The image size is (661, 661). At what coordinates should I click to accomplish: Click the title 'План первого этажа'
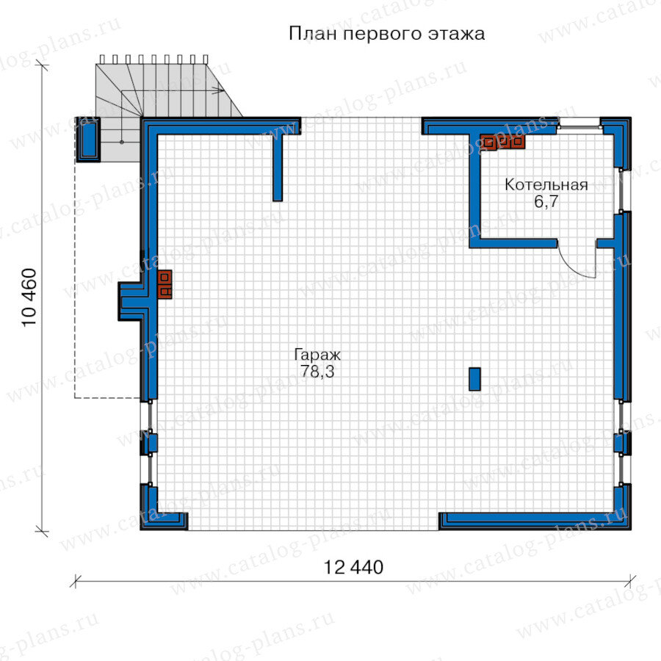[x=386, y=34]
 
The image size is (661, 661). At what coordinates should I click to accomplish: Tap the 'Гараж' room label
[x=317, y=355]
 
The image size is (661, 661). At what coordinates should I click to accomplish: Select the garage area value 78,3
[x=317, y=372]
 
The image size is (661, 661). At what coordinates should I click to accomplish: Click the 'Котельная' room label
[x=546, y=184]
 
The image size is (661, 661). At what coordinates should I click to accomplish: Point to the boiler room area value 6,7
[x=546, y=201]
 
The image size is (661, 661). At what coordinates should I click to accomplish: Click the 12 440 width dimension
[x=353, y=568]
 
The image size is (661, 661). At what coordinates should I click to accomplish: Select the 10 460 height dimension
[x=29, y=297]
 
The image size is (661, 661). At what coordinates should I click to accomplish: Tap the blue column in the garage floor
[x=474, y=379]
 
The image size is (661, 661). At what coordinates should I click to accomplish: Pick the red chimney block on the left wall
[x=165, y=284]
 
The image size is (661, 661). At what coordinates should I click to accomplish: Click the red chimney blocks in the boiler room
[x=502, y=142]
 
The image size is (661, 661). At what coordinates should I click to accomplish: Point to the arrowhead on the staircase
[x=219, y=90]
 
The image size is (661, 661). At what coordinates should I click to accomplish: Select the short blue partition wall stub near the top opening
[x=278, y=167]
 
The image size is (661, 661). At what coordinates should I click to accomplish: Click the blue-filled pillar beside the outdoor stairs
[x=87, y=139]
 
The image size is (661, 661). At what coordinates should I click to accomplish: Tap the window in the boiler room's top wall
[x=579, y=123]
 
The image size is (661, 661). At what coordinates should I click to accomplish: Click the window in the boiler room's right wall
[x=624, y=191]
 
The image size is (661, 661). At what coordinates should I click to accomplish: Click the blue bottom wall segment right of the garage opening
[x=535, y=521]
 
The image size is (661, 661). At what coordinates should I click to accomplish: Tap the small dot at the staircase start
[x=122, y=142]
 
